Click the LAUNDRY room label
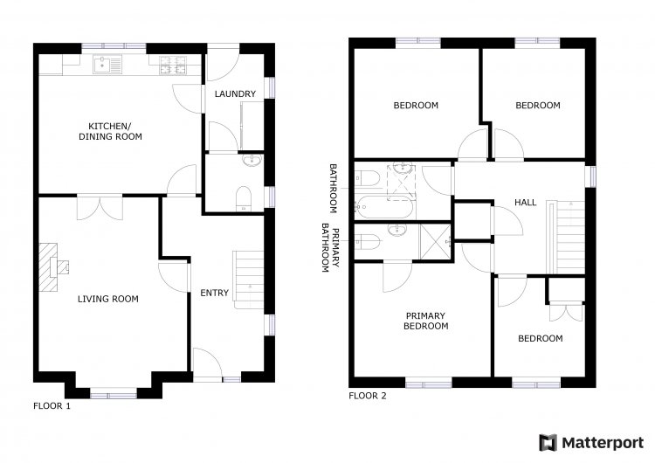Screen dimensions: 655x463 point(235,94)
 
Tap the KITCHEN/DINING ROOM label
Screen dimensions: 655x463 point(110,131)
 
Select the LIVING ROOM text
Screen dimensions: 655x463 point(107,299)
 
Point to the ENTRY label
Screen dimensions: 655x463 point(214,293)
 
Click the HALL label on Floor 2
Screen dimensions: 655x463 point(525,203)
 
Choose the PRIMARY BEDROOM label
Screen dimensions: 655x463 point(425,321)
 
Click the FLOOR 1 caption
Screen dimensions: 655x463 point(52,405)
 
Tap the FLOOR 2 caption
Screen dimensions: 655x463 point(368,396)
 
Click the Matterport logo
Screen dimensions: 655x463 point(591,443)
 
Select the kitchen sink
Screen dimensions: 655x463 point(107,65)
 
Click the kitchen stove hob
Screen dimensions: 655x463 point(173,65)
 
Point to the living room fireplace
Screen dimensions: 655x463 point(52,267)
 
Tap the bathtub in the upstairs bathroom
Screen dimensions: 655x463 point(384,207)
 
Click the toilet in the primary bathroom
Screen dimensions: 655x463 point(367,241)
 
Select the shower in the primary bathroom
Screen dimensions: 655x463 point(435,242)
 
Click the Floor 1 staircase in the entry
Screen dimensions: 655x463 point(248,280)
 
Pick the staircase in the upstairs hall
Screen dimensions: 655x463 point(567,238)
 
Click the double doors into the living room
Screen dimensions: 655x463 point(100,208)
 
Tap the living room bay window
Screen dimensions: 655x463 point(114,393)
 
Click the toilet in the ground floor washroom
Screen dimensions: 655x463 point(244,198)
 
